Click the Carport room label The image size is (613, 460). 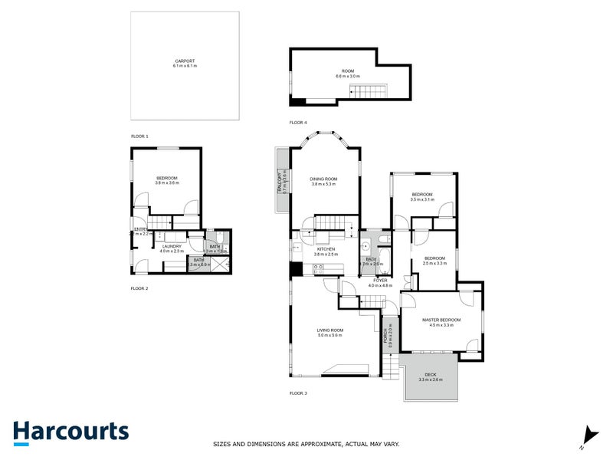coord(185,61)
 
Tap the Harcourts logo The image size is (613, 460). coord(70,432)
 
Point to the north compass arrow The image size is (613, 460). coord(588,435)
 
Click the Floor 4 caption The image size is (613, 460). coord(298,123)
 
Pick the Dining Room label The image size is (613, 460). coord(324,180)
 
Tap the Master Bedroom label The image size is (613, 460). coord(441,321)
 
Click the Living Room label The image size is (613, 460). coord(330,332)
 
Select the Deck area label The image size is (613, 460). coord(430,376)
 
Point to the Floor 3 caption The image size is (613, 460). coord(298,393)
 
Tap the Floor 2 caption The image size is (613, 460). coord(139,288)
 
